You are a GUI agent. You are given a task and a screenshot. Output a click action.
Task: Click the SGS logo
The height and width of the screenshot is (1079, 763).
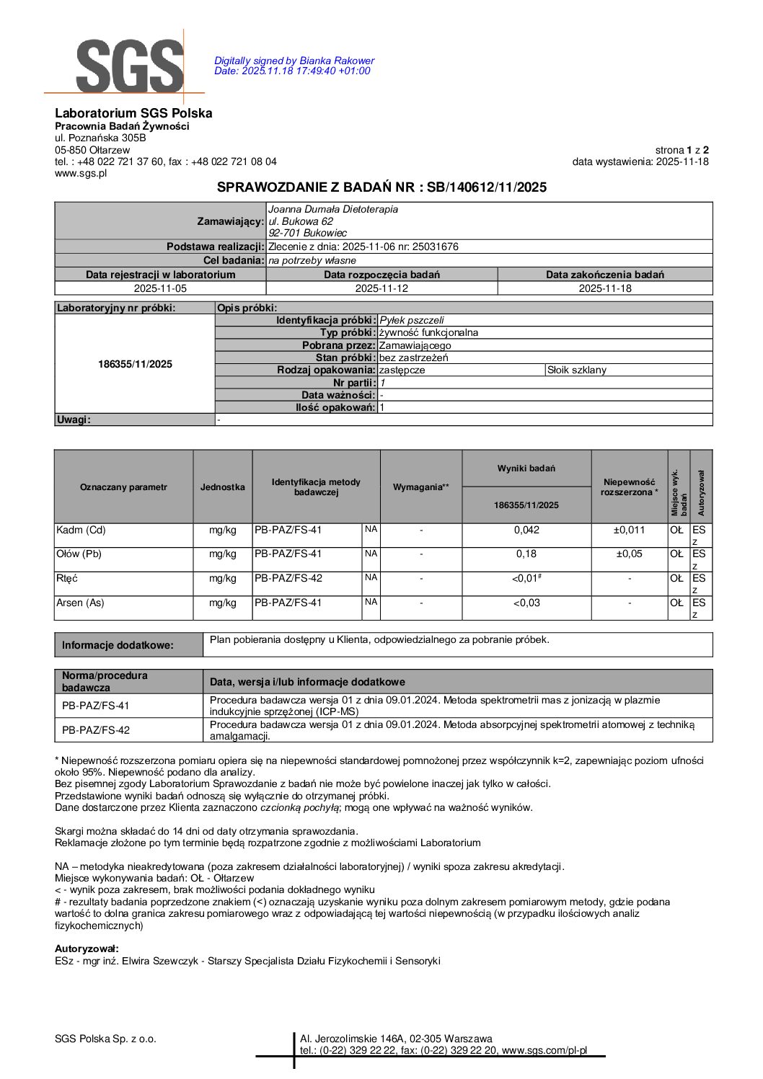[129, 66]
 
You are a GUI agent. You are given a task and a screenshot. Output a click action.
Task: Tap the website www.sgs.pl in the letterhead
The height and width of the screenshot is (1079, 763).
[81, 173]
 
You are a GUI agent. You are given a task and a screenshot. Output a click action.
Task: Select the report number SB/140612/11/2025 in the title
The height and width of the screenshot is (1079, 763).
[487, 187]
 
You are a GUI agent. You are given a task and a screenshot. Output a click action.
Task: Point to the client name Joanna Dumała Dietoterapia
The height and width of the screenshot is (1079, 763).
[333, 210]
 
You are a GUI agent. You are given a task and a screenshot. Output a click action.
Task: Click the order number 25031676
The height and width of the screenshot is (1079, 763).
[436, 247]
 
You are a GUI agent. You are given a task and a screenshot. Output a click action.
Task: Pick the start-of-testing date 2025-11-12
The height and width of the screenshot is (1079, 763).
[381, 288]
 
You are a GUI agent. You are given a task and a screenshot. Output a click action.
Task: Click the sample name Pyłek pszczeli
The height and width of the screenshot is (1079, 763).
[412, 320]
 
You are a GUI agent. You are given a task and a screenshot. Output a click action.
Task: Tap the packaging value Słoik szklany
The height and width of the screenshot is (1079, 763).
[577, 370]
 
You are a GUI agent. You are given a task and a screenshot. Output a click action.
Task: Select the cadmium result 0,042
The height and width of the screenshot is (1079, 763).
[526, 530]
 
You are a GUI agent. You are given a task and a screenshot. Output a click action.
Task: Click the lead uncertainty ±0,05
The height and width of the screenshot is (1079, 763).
[629, 554]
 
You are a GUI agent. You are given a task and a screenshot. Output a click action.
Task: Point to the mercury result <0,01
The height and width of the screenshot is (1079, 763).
[525, 579]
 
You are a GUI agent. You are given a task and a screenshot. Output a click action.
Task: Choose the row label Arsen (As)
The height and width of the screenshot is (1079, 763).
[80, 603]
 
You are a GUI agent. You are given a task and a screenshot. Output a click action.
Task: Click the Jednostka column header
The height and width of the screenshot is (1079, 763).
[222, 487]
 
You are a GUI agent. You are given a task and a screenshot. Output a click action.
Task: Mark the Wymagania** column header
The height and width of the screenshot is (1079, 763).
[421, 487]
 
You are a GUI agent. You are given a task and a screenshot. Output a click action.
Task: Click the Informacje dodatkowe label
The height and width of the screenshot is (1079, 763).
[118, 645]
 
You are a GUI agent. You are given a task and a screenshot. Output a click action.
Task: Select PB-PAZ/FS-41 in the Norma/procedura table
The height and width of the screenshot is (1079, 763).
[96, 706]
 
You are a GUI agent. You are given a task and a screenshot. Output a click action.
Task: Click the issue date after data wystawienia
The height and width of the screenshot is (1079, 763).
[682, 161]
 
